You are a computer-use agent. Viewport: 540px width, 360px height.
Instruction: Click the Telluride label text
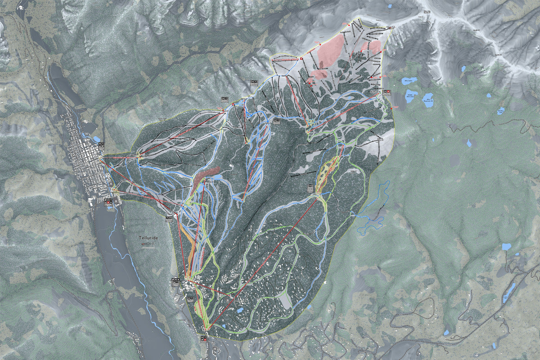point(148,238)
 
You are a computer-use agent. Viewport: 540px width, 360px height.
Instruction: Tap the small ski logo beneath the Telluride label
point(148,245)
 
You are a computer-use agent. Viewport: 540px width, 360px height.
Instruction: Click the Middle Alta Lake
point(410,96)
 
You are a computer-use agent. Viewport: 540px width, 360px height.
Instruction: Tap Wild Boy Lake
point(501,111)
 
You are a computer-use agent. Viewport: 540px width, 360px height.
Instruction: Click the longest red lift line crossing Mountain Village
point(263,263)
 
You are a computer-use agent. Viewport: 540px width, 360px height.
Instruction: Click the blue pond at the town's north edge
point(96,139)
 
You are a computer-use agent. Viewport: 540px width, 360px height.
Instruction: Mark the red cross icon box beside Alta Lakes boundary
point(386,92)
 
